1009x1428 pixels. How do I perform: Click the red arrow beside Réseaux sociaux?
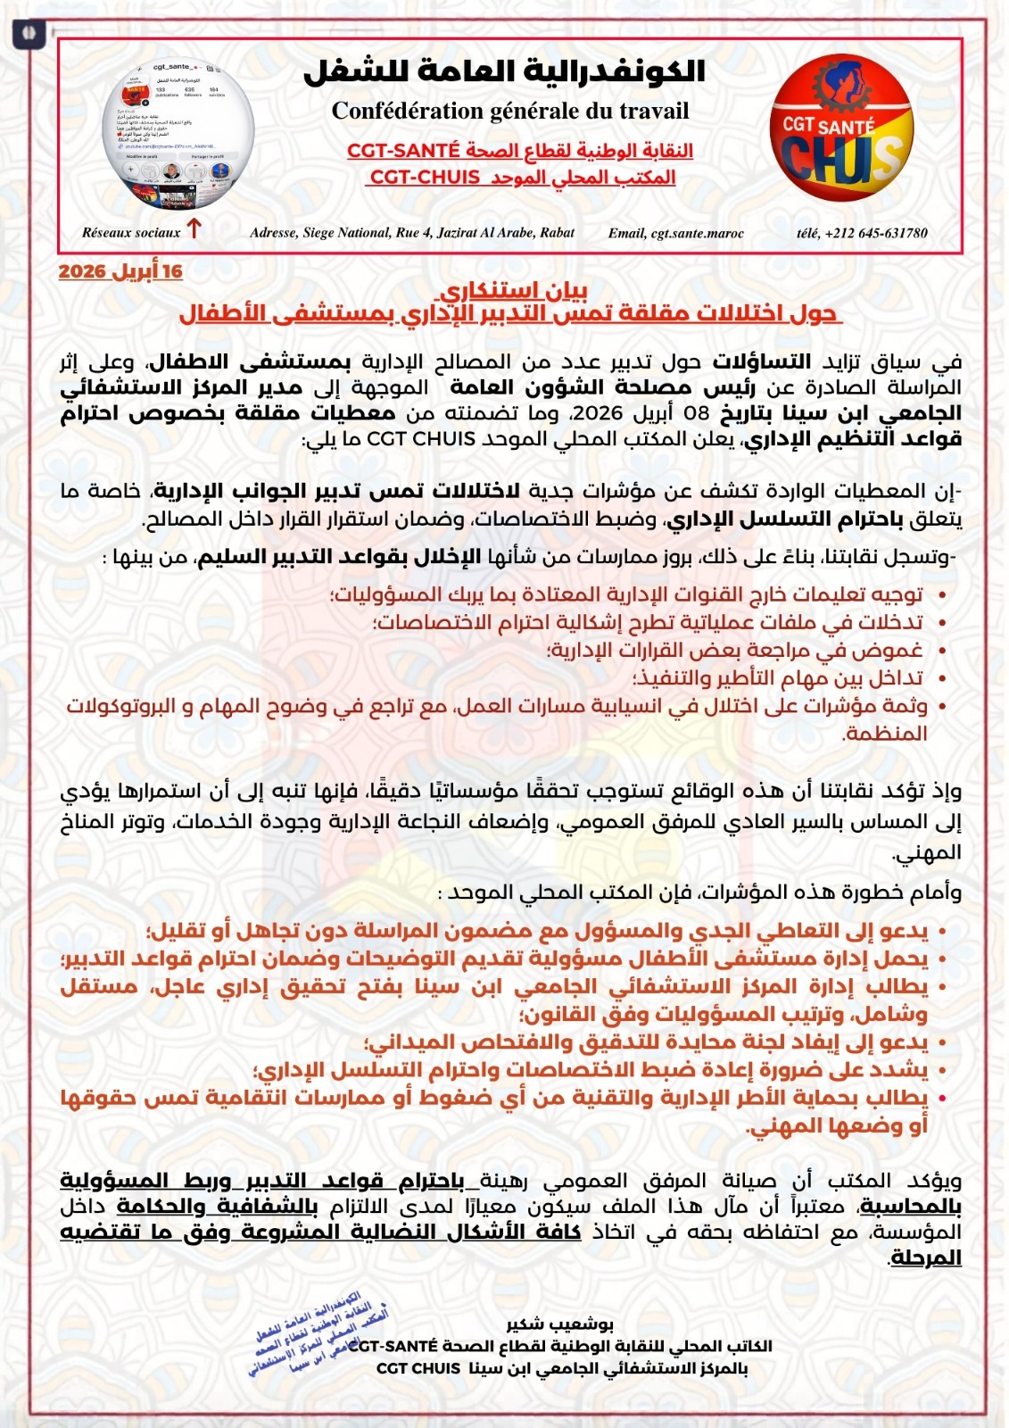194,229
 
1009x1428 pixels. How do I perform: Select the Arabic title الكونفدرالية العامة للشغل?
505,71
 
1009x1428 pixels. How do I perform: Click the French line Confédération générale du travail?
510,111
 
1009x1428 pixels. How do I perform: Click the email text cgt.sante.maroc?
675,233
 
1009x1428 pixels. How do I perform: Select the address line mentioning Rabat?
412,233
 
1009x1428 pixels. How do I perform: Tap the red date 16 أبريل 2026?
120,271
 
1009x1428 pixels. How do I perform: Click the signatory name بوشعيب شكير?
559,1324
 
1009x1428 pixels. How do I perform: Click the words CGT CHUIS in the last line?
418,1368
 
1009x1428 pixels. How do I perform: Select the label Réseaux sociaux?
131,233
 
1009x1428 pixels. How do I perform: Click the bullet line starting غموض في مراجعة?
734,651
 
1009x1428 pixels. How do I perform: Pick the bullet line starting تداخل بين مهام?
777,678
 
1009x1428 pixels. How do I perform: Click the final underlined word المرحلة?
925,1258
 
